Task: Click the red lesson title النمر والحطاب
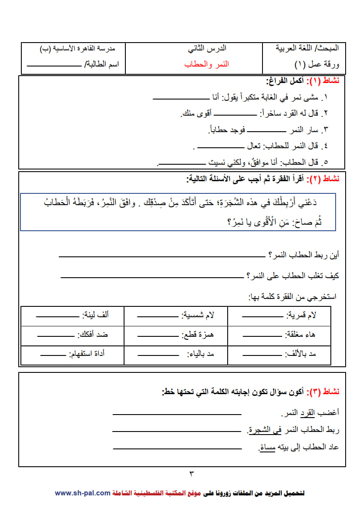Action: click(206, 64)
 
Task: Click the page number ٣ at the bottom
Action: click(191, 473)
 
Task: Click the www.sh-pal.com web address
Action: click(82, 493)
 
